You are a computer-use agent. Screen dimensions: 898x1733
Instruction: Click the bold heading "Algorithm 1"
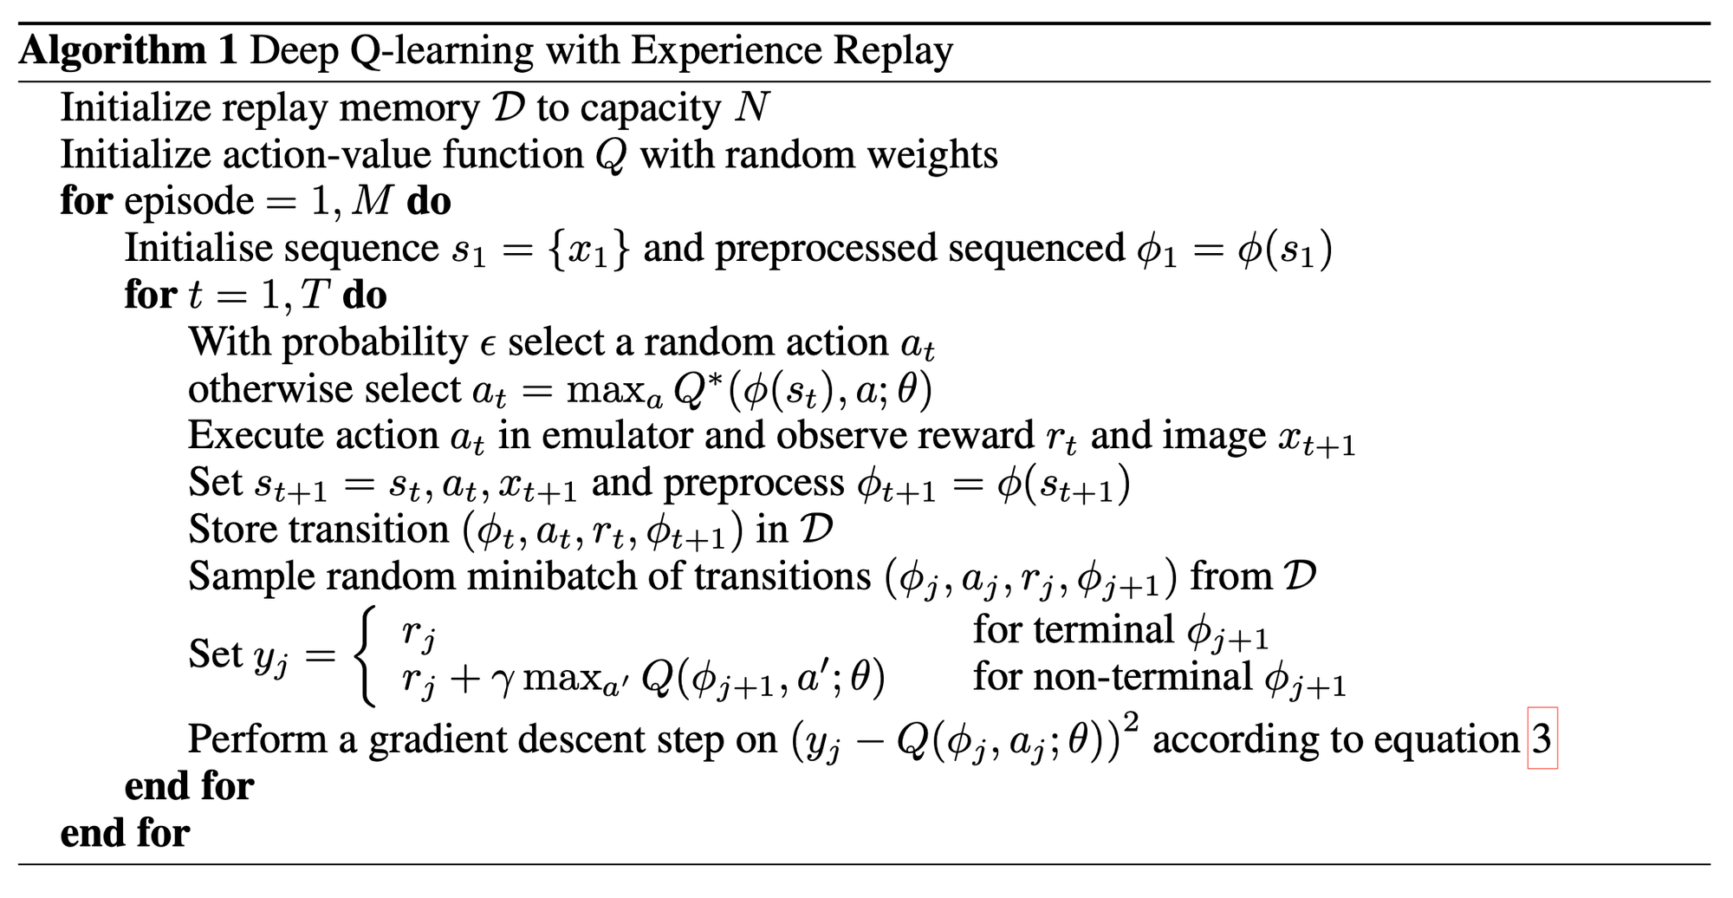tap(127, 50)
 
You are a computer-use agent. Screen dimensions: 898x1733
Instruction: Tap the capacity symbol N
tap(752, 108)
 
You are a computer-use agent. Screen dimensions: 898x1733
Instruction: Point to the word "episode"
tap(189, 202)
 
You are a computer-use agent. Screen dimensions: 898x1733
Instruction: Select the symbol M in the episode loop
tap(373, 202)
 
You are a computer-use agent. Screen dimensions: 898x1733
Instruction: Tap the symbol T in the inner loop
tap(315, 296)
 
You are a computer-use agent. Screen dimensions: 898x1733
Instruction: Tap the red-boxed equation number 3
tap(1542, 739)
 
